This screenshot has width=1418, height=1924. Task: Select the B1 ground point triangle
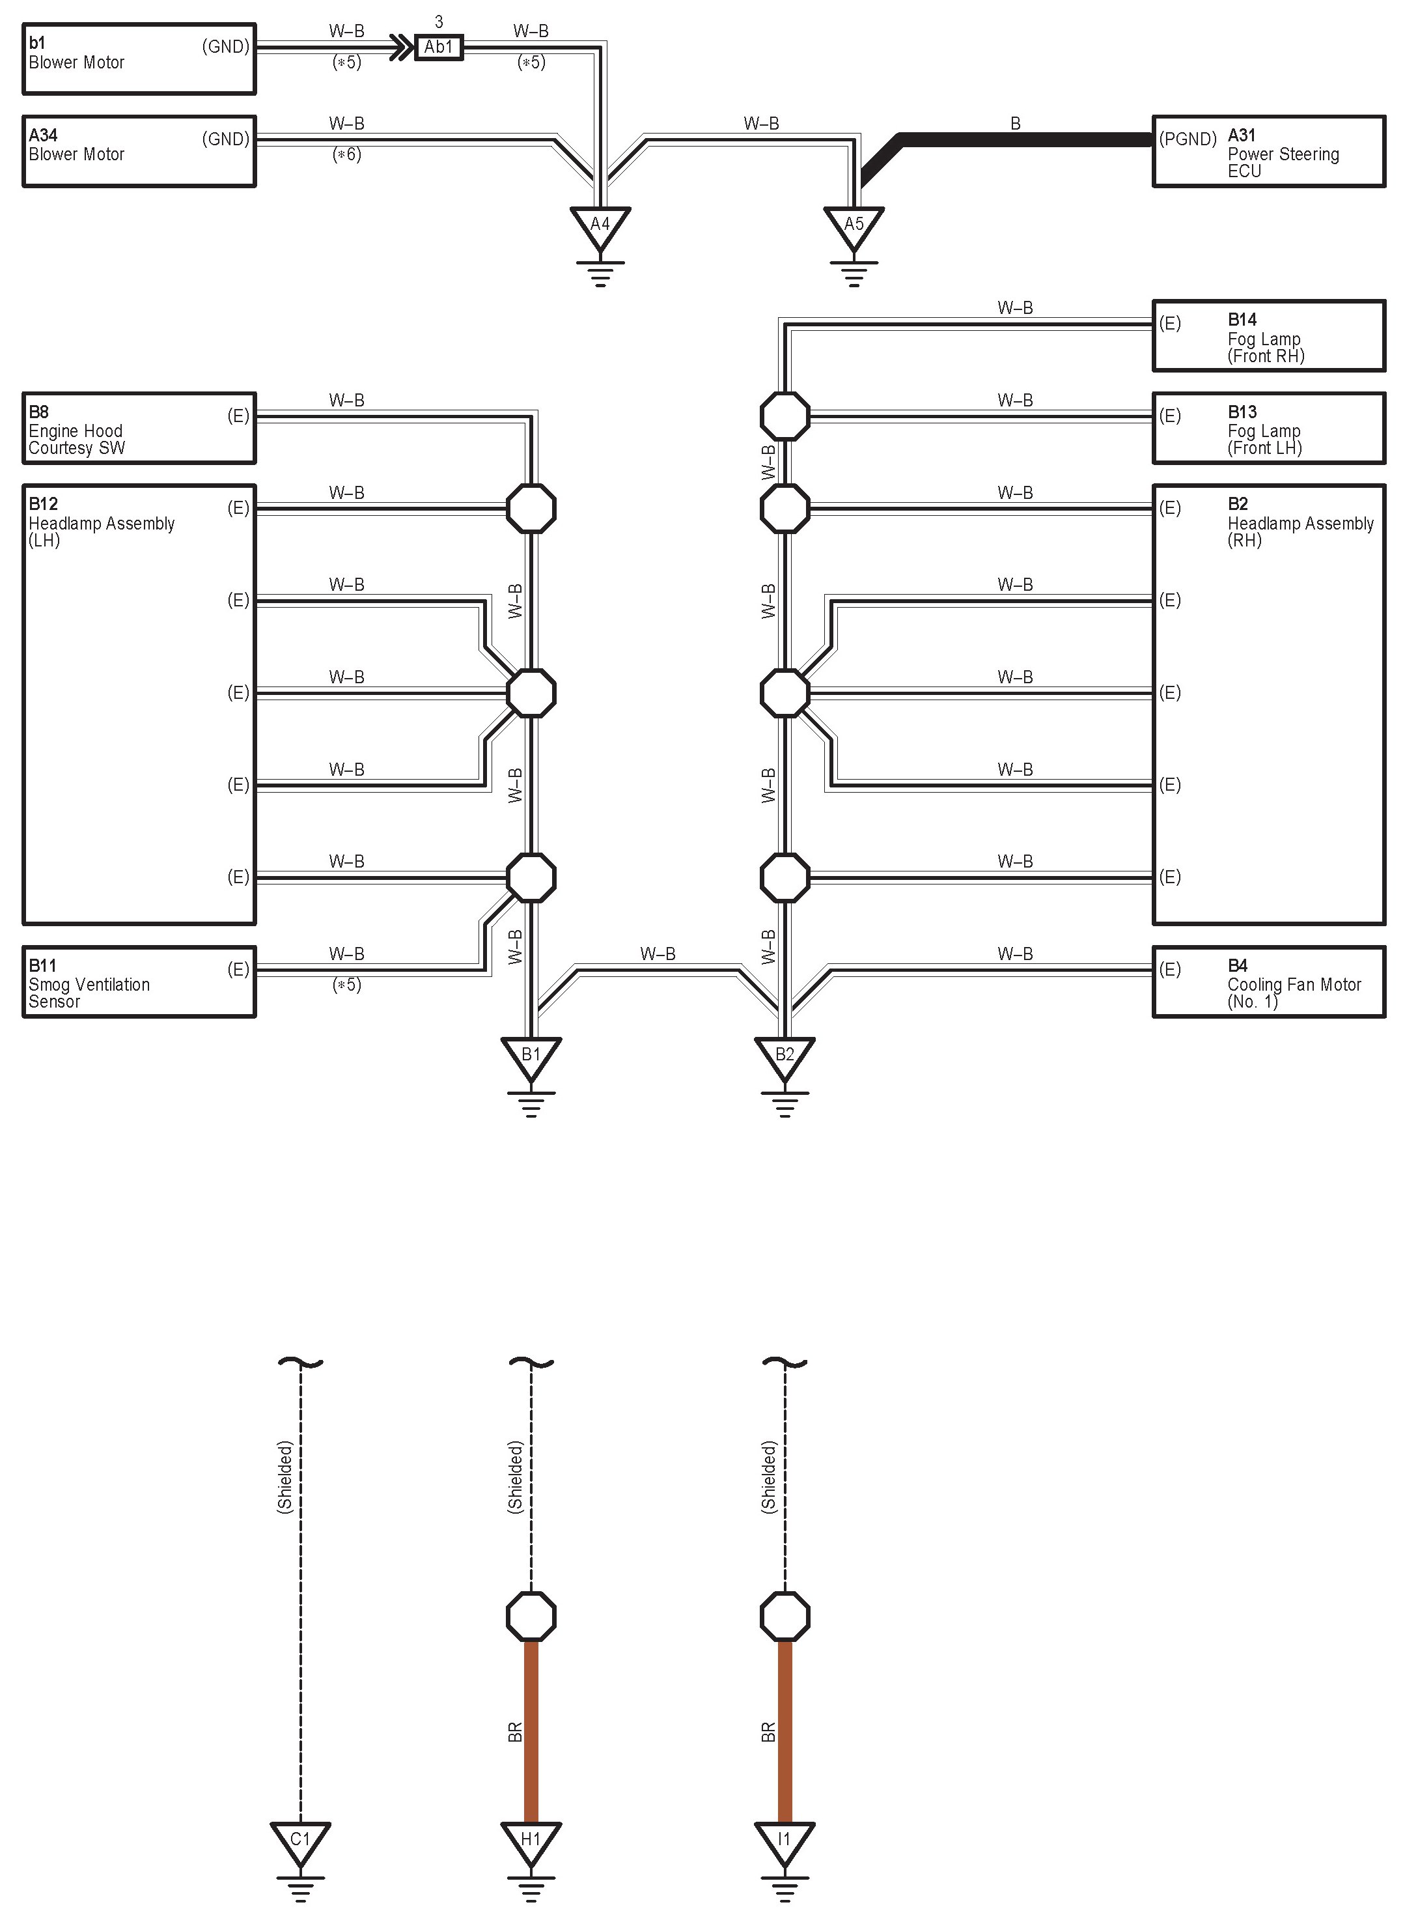[x=531, y=1055]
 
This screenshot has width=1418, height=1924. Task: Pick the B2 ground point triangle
[x=785, y=1055]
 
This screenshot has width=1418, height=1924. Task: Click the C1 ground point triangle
[x=300, y=1840]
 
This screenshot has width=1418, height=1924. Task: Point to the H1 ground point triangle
[x=531, y=1840]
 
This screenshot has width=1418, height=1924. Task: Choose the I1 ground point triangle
[x=785, y=1840]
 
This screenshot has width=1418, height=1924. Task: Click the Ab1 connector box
[x=439, y=47]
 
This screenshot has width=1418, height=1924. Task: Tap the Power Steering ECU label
[x=1283, y=162]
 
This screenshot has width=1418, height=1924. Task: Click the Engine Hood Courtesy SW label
[x=76, y=440]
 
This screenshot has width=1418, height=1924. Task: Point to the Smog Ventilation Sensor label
[x=89, y=993]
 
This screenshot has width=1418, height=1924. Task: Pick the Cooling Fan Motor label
[x=1294, y=993]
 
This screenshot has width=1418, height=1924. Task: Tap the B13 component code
[x=1242, y=412]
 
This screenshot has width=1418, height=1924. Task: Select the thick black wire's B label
[x=1016, y=124]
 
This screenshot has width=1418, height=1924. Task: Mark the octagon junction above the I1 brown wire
[x=785, y=1617]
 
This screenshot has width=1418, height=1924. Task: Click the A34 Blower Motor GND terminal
[x=226, y=139]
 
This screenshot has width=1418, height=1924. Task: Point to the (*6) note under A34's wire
[x=347, y=154]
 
